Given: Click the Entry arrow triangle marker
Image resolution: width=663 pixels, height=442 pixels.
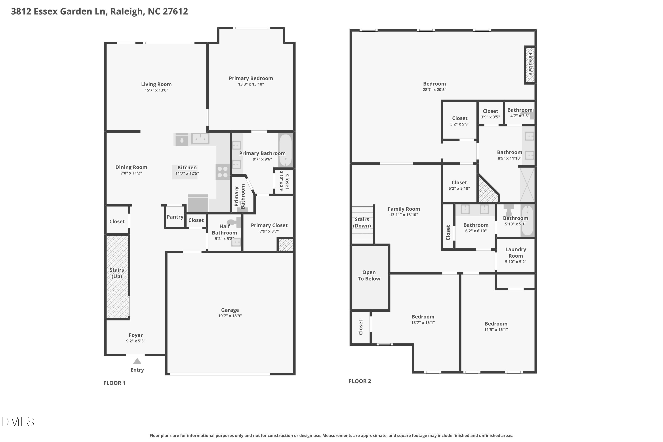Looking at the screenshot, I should tap(137, 361).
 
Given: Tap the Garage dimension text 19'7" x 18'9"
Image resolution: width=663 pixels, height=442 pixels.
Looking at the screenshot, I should tap(230, 316).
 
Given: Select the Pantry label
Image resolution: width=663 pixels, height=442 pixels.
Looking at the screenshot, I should tap(175, 217).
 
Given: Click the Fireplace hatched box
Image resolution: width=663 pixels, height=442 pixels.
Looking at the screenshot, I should tap(530, 65).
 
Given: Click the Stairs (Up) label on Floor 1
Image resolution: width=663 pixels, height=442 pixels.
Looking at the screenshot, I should tap(117, 273).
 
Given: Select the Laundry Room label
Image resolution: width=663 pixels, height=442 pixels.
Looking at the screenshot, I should tap(515, 253).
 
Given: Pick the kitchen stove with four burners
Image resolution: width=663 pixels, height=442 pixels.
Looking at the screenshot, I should tap(223, 172).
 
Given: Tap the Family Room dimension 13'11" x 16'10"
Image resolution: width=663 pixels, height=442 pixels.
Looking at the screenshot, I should tap(404, 215).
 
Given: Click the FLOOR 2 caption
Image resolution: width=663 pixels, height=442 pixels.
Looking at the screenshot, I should tap(360, 381).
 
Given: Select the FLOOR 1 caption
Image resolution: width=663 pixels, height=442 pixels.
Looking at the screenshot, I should tap(114, 383).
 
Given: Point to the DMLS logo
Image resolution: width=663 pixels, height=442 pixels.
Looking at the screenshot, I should tap(17, 422).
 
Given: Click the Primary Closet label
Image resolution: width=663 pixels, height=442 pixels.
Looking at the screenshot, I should tap(269, 225).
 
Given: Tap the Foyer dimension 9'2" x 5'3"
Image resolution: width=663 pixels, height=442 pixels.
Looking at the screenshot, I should tap(136, 341).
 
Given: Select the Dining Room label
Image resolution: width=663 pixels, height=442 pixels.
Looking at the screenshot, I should tap(131, 167).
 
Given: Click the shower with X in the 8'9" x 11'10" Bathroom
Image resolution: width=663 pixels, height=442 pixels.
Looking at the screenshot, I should tap(527, 185).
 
